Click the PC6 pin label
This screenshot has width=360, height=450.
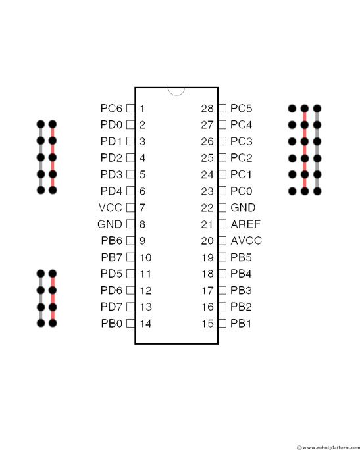111,109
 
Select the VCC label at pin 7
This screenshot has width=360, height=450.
111,207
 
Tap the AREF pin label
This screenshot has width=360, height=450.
245,224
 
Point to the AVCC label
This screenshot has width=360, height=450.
246,241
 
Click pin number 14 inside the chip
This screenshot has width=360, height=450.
145,324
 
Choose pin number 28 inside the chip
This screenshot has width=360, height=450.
207,109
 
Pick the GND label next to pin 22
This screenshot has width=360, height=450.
243,207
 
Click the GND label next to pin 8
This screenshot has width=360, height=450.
110,224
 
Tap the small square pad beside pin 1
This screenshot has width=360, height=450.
130,108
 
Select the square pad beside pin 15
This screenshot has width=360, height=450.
222,324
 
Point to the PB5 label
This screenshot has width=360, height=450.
241,257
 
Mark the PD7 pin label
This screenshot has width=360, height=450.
111,307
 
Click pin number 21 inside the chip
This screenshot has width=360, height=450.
207,224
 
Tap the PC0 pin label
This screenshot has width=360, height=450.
242,191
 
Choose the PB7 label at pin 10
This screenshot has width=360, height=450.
112,257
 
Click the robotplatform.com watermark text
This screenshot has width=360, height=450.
328,447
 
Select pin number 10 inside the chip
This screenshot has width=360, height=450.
145,257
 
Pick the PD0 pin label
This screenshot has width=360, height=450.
111,125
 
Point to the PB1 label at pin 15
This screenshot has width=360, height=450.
241,324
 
